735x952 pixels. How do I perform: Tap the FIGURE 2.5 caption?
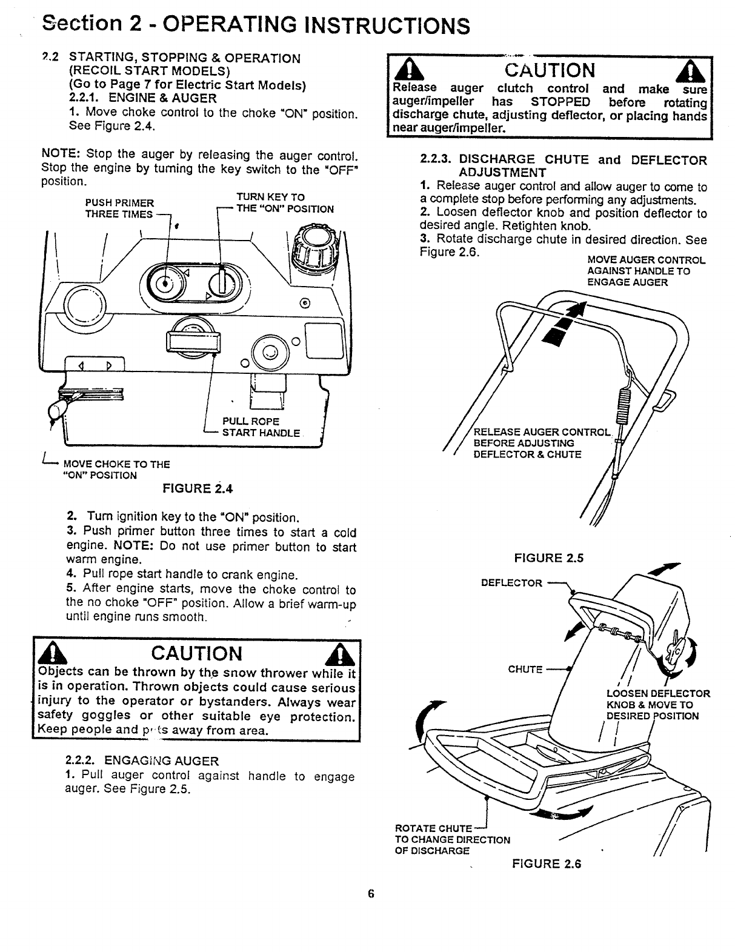pos(548,558)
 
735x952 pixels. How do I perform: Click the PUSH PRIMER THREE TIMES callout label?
pos(119,208)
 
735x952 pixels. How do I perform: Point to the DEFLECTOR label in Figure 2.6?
pos(511,583)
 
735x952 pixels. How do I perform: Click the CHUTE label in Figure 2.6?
pos(525,670)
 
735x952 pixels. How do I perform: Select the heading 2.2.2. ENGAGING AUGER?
pos(142,761)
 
